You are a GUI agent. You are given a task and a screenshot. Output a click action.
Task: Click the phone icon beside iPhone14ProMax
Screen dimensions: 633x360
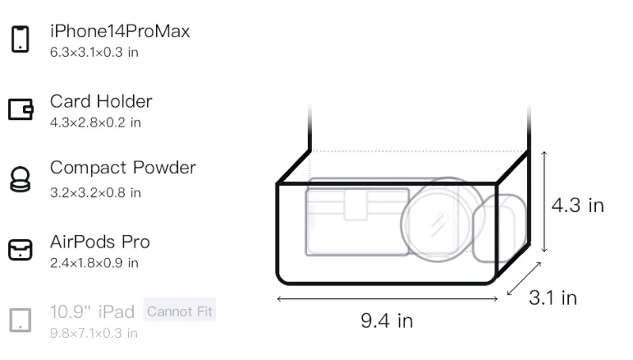tap(21, 39)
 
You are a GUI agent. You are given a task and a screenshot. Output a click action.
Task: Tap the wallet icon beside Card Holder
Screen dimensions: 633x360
tap(21, 109)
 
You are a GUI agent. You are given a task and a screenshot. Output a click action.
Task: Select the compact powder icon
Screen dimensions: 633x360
tap(21, 179)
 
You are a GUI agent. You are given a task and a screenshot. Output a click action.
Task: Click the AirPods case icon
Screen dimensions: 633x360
tap(21, 250)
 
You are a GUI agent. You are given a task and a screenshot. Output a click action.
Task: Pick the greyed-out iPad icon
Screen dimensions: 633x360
tap(21, 320)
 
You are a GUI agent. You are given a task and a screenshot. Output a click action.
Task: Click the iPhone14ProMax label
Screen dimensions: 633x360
tap(120, 31)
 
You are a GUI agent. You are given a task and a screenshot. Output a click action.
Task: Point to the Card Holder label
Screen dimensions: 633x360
tap(101, 101)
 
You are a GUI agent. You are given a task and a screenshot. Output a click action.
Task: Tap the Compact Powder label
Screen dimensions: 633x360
tap(123, 168)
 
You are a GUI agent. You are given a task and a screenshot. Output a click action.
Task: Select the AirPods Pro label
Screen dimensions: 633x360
tap(100, 242)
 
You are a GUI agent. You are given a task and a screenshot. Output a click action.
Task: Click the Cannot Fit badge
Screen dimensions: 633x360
tap(180, 311)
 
